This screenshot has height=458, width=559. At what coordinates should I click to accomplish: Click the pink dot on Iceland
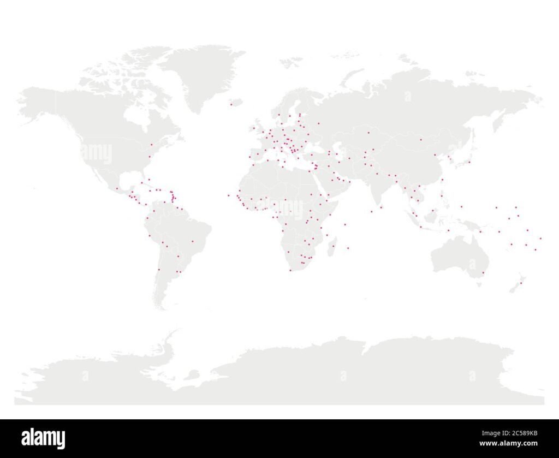point(231,104)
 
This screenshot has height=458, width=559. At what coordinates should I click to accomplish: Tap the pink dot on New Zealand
point(521,282)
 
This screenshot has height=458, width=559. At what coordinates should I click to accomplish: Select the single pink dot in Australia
point(483,272)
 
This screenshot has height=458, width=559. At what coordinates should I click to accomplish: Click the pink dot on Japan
point(468,162)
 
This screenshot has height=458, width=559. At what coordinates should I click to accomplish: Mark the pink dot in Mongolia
point(421,140)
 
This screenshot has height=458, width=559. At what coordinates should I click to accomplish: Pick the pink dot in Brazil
point(192,241)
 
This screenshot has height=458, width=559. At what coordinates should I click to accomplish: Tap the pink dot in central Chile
point(159,269)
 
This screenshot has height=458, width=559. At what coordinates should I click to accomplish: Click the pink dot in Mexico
point(117,188)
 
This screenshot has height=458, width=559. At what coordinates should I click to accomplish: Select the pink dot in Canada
point(151,145)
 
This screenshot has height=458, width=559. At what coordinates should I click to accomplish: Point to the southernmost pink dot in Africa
point(290,270)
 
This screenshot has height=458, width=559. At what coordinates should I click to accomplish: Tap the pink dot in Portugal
point(250,157)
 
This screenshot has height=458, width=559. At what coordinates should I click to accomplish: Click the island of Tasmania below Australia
point(479,283)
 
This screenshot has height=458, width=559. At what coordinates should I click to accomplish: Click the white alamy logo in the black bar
point(43,438)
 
